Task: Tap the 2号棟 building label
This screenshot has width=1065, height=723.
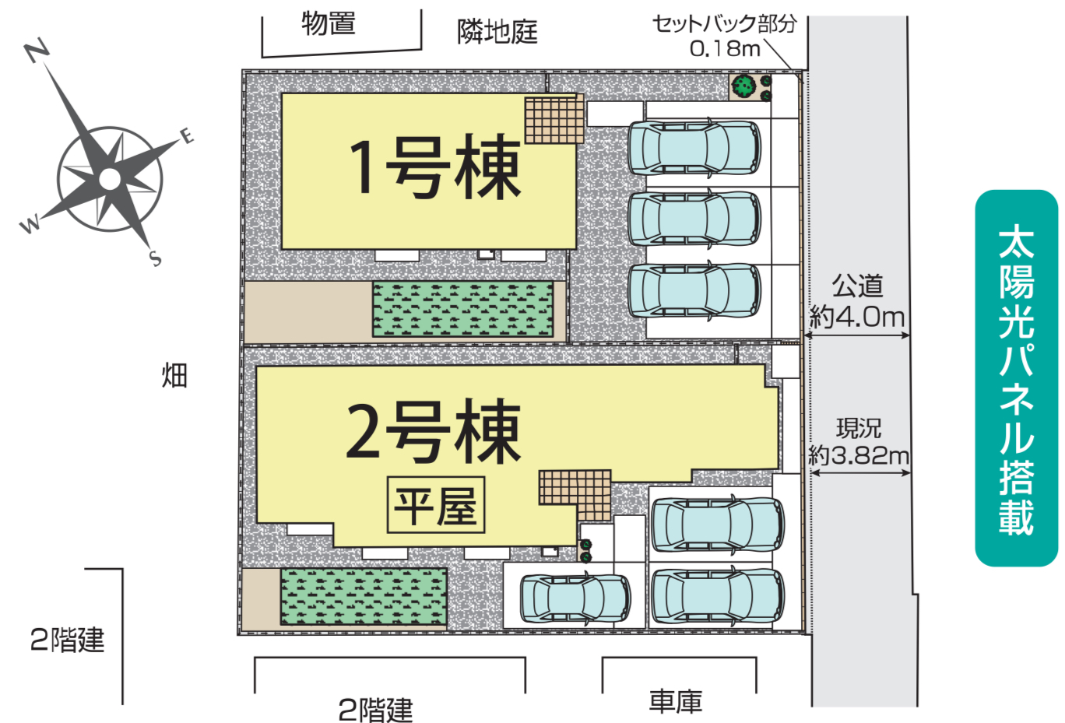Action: (432, 432)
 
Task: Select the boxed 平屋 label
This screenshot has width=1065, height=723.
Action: (436, 505)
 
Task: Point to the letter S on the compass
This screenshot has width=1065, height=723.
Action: (156, 258)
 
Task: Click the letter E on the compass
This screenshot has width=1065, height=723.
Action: (187, 136)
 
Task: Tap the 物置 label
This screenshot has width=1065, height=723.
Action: (329, 23)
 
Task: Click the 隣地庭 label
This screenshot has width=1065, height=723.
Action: (497, 32)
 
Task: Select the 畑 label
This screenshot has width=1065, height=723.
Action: (174, 376)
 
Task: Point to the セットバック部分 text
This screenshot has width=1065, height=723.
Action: (724, 23)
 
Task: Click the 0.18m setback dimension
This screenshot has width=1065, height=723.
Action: (725, 48)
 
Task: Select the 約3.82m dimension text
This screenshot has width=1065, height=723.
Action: (859, 455)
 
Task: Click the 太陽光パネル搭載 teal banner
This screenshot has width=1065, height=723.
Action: (1016, 378)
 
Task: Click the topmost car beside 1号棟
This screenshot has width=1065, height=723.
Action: (694, 146)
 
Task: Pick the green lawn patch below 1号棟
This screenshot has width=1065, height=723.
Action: (462, 309)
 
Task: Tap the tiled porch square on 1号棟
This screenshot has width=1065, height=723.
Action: (554, 120)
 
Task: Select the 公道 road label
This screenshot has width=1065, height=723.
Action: (857, 286)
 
